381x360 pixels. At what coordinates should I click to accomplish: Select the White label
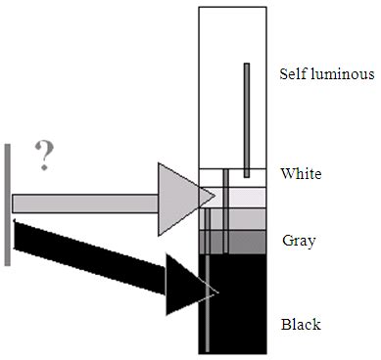coord(301,174)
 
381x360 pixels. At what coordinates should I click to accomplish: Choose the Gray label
coord(298,240)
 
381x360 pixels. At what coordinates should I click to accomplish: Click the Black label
coord(301,324)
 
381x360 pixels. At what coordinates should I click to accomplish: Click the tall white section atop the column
coord(220,88)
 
